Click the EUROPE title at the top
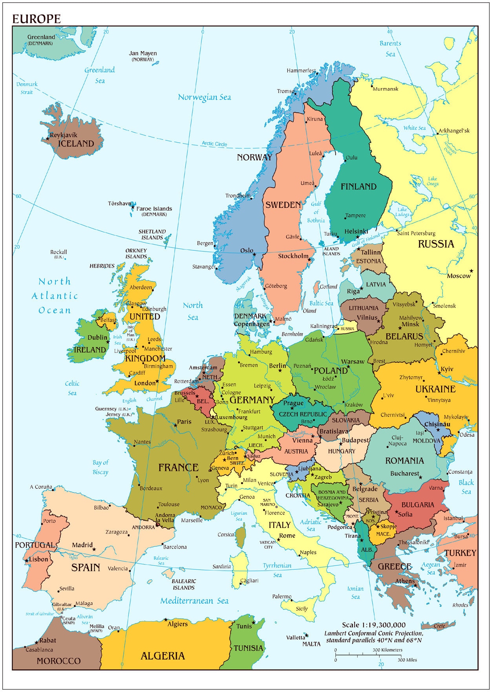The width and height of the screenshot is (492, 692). point(37,18)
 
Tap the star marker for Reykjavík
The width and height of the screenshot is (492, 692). point(48,138)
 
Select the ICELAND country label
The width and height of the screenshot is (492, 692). point(76,143)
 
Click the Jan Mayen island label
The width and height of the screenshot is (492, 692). point(143,53)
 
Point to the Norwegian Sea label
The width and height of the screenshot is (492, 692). point(204,97)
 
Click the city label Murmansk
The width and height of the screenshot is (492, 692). point(385,89)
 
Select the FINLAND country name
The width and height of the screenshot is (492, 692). point(358,187)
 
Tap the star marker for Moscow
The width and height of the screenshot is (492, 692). point(471,271)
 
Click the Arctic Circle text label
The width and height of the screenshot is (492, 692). point(214,144)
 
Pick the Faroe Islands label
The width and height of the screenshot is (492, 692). point(154,209)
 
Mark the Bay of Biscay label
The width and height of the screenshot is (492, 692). point(100,467)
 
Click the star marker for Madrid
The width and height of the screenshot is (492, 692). point(94,549)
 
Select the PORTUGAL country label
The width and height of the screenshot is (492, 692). point(35,545)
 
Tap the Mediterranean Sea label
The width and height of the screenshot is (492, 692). point(194,601)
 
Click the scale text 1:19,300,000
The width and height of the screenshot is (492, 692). point(373,625)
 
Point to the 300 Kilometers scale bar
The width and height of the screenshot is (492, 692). point(368,655)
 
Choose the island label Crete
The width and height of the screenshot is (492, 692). point(439,626)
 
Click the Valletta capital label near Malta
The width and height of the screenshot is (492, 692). point(295,637)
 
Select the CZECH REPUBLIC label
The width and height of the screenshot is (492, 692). point(303,414)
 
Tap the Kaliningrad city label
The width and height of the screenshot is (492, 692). point(324,326)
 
